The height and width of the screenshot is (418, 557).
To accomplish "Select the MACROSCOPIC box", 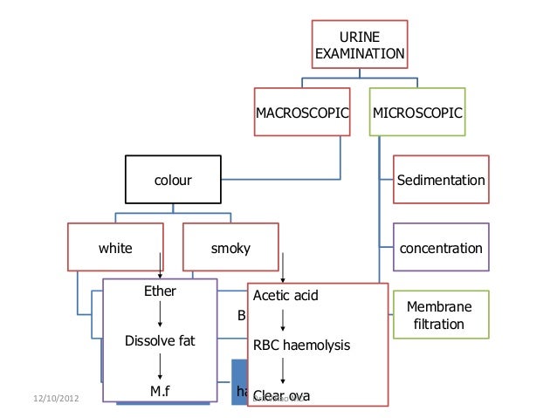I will pyautogui.click(x=302, y=113).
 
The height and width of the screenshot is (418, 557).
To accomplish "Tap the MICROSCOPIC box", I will pyautogui.click(x=417, y=113).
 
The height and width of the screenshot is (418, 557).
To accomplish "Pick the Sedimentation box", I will pyautogui.click(x=441, y=181).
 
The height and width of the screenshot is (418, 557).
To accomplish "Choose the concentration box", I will pyautogui.click(x=441, y=249).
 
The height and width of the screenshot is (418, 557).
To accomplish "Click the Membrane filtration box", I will pyautogui.click(x=441, y=317).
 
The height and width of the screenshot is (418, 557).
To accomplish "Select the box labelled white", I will pyautogui.click(x=115, y=249).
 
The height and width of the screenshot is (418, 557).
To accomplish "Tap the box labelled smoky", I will pyautogui.click(x=231, y=249).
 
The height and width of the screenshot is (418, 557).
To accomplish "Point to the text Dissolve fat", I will pyautogui.click(x=160, y=340).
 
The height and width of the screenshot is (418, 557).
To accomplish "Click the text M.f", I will pyautogui.click(x=160, y=390).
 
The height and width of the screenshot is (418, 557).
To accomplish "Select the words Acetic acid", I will pyautogui.click(x=285, y=296).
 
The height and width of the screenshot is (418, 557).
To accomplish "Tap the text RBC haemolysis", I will pyautogui.click(x=301, y=346).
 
